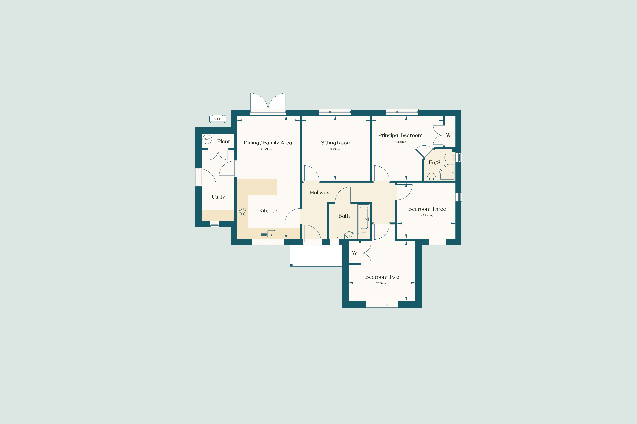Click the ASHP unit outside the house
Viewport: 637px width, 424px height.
tap(217, 119)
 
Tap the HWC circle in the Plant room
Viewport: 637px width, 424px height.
tap(207, 139)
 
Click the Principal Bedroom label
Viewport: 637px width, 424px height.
tap(400, 135)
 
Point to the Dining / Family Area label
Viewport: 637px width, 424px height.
tap(268, 143)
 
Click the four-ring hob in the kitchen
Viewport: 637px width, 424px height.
tap(242, 212)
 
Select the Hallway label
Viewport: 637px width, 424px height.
tap(319, 193)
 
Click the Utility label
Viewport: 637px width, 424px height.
tap(218, 197)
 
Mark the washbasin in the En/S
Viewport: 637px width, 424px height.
tap(431, 177)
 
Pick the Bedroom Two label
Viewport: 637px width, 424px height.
tap(382, 277)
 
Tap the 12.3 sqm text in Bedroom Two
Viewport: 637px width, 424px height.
tap(382, 283)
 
